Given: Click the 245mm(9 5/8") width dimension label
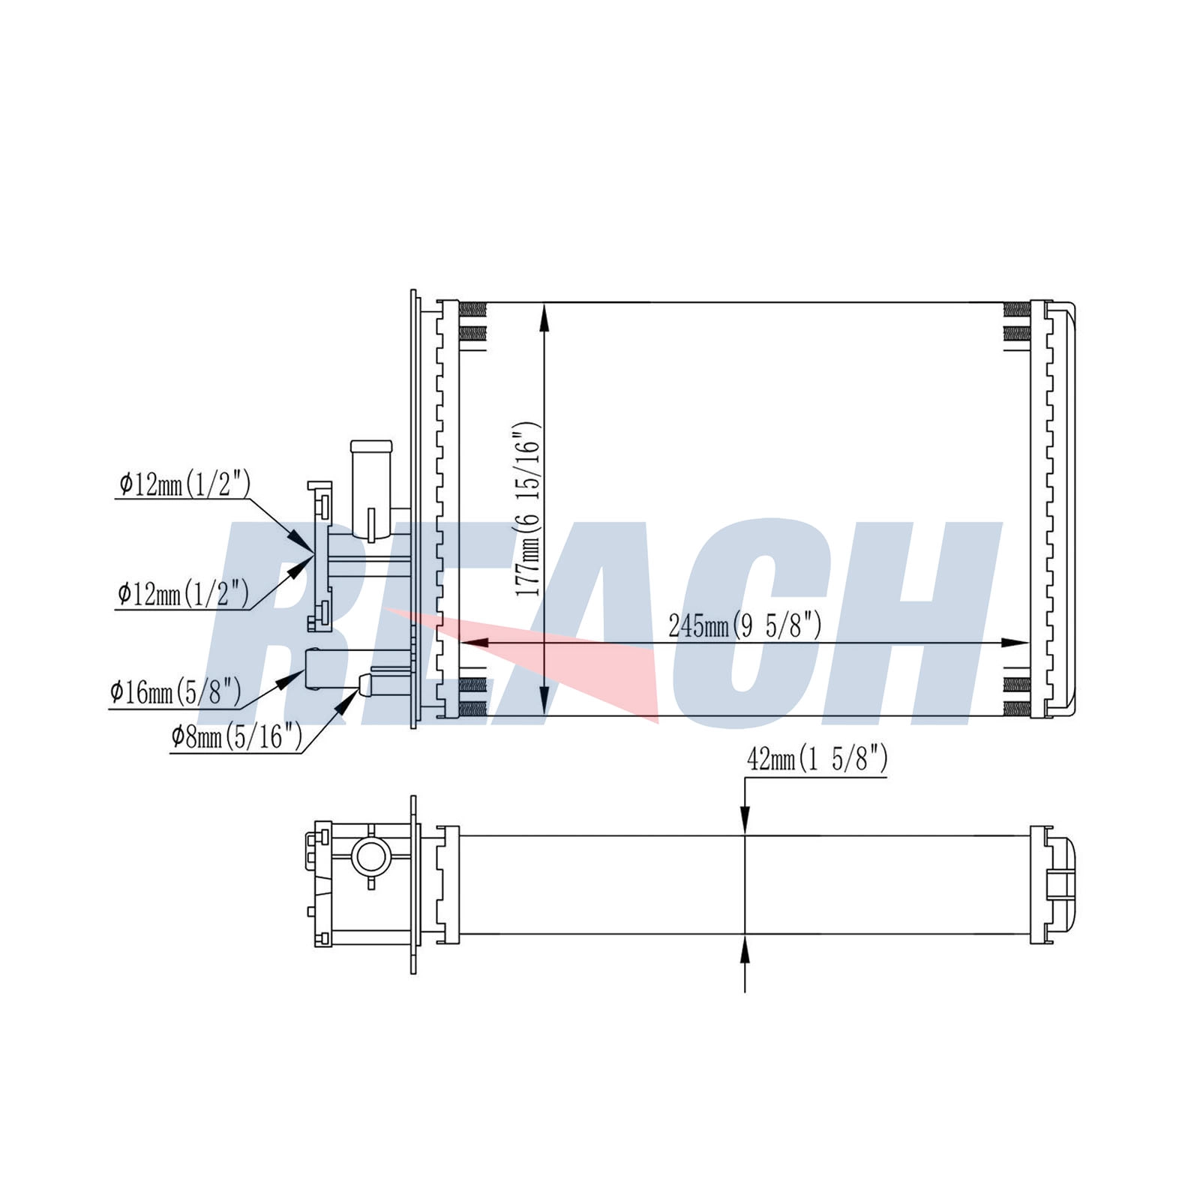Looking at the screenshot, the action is [745, 624].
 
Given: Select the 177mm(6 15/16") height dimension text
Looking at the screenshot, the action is [526, 509].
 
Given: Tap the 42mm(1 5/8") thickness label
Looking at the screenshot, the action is [817, 760].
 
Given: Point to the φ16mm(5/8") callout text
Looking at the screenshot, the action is [175, 691].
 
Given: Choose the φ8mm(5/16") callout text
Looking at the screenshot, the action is [236, 736].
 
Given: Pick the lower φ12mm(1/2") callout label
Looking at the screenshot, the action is [183, 594].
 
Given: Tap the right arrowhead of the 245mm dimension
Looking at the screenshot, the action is [1015, 643].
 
